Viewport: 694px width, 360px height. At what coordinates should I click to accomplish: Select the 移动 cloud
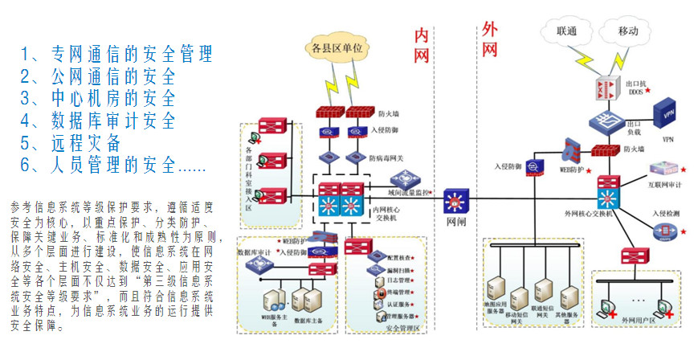(627, 31)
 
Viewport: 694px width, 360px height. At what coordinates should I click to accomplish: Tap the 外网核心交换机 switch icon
(608, 194)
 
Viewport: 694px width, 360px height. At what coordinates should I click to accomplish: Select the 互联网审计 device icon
(663, 169)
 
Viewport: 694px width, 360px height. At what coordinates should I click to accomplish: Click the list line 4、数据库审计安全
(97, 121)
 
